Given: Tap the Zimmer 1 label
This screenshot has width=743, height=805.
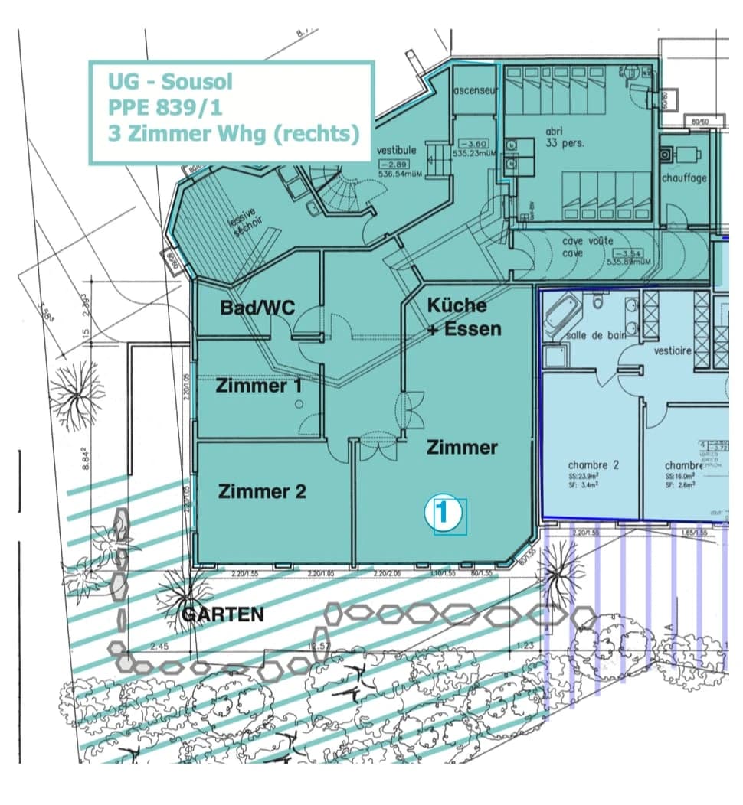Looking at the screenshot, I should coord(259,386).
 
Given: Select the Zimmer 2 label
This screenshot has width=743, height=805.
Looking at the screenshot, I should coord(262,491).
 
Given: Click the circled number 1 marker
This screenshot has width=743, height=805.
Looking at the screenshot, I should coord(446,514).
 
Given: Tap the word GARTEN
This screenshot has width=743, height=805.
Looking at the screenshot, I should coord(223,614).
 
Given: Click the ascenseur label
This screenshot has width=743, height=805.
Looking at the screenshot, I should coord(476,90).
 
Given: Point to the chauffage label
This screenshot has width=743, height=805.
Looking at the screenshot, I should coord(684,178).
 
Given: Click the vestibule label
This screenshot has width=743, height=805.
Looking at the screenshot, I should coord(396,150).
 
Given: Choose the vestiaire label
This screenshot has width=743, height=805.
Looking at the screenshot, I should coord(673,350).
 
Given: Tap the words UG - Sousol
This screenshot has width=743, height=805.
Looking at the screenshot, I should coord(170,81).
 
